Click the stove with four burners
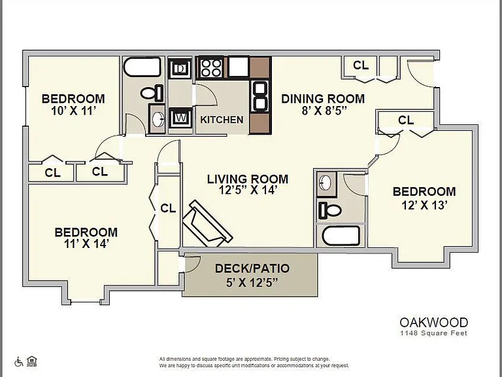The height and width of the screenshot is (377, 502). pos(211,67)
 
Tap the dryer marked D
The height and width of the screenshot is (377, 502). pos(180,68)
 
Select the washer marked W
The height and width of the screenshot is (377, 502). pos(181,118)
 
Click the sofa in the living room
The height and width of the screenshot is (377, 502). pos(207,224)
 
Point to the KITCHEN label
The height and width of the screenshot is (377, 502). pos(222,120)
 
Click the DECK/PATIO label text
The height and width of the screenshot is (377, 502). pos(252,268)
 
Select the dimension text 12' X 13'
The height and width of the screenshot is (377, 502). pos(424,205)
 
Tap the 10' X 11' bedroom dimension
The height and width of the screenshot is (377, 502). pos(73,111)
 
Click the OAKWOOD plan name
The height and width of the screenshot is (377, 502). pos(434,322)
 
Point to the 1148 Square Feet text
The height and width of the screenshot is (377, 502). pos(434,333)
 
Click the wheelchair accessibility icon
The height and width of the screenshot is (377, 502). pos(19,362)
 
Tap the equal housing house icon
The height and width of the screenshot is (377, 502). pos(31,361)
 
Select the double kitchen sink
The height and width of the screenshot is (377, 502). pos(260,96)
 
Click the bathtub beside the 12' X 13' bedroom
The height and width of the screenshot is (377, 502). pos(341,236)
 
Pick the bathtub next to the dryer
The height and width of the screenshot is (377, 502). pos(142,67)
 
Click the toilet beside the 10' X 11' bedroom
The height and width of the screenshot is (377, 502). pos(152,93)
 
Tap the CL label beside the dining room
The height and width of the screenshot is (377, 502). pos(361,65)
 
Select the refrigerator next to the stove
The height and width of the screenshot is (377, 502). pos(239,67)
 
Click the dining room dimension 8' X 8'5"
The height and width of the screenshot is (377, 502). pos(324,111)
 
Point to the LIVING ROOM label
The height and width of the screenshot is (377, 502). pos(248,179)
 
